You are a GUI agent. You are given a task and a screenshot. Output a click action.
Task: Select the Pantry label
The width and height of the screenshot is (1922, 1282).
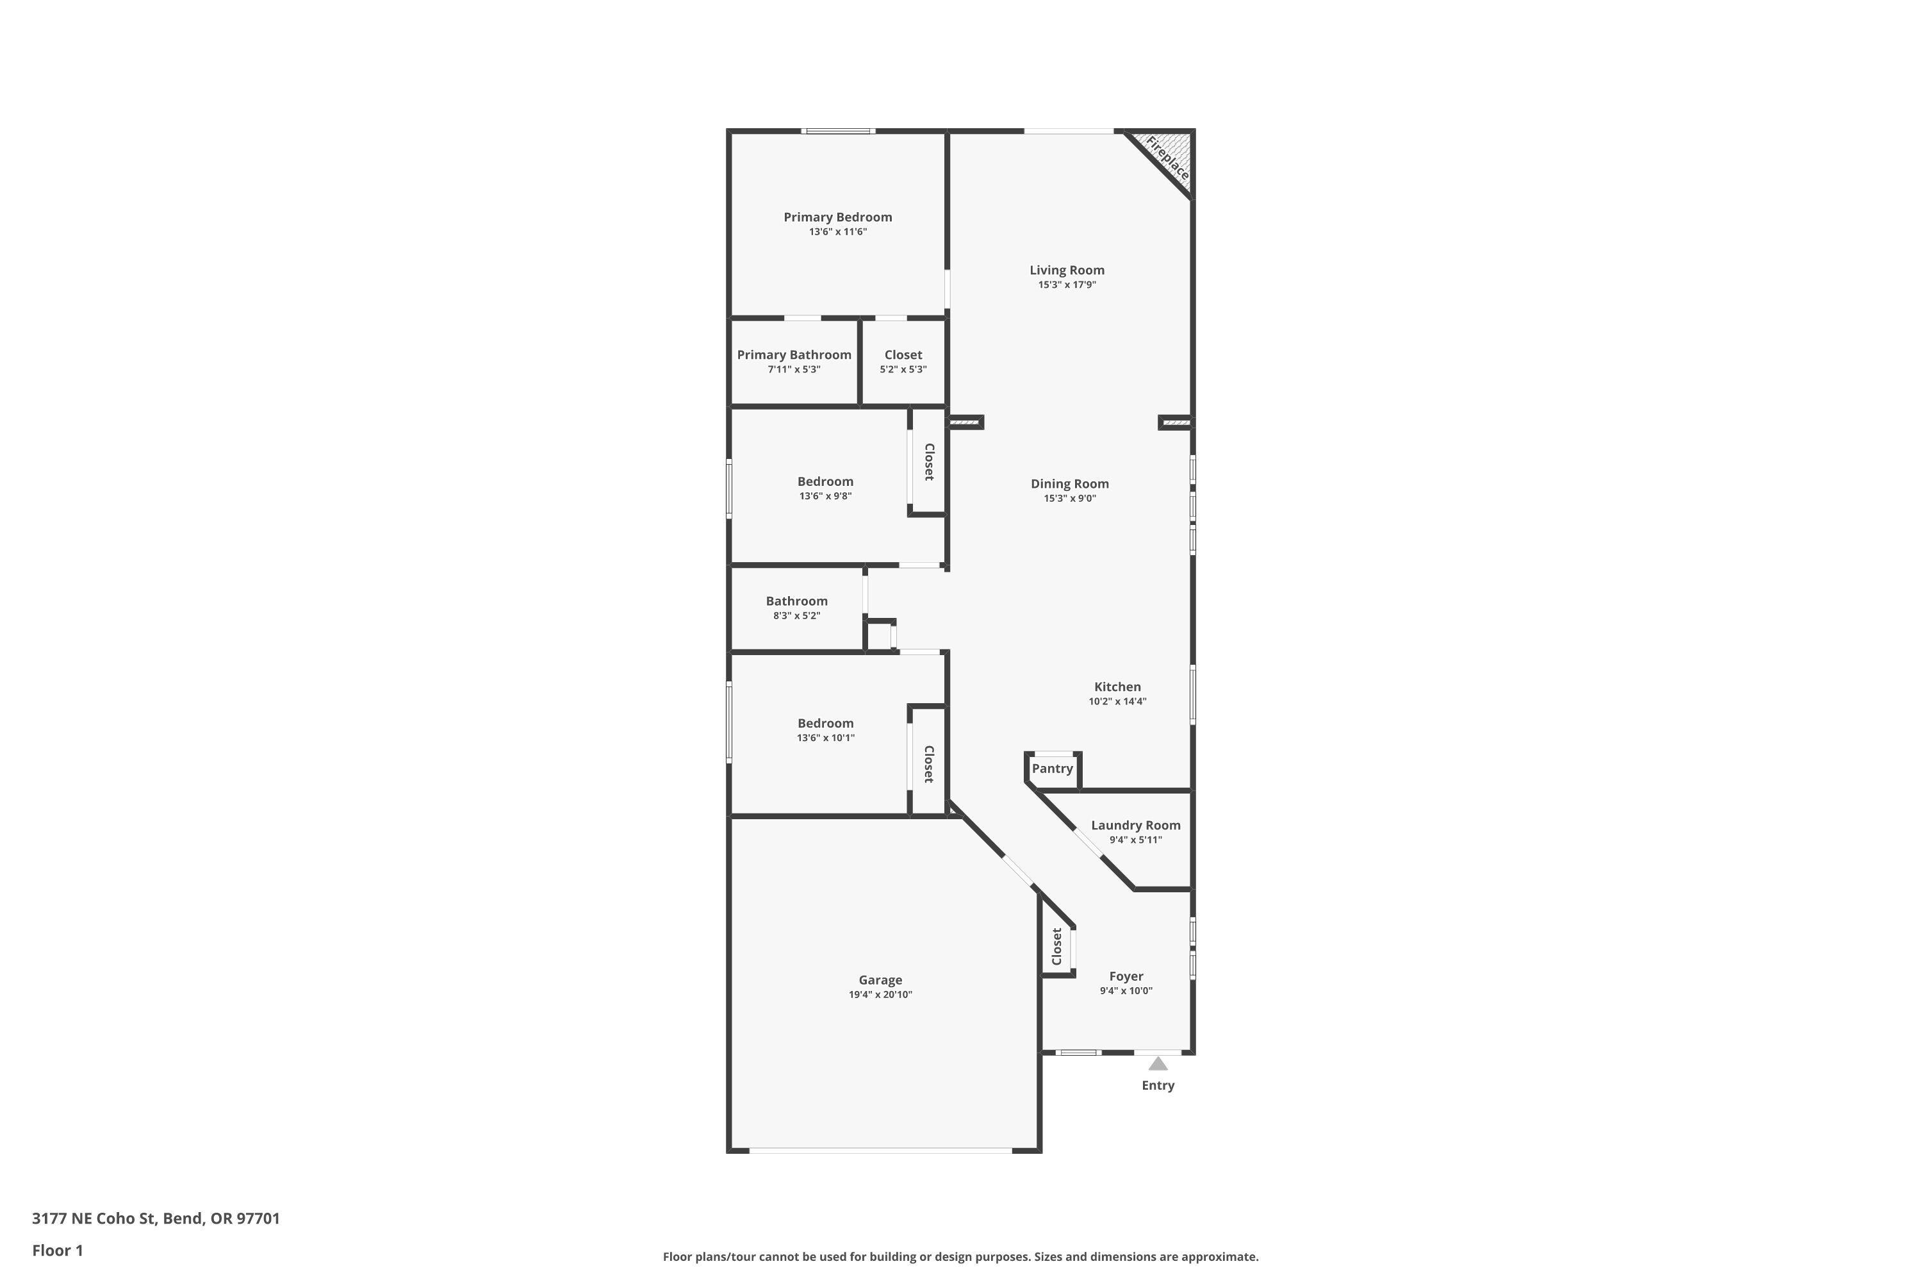point(1052,769)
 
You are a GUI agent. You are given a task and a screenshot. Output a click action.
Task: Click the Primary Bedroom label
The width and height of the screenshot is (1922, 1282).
point(837,217)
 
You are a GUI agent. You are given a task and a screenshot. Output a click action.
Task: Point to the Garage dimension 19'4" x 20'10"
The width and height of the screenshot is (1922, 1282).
point(880,995)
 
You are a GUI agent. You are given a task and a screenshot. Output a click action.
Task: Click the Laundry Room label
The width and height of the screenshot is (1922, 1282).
point(1135,826)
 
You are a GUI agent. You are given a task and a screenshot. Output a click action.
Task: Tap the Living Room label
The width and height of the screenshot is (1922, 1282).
point(1067,270)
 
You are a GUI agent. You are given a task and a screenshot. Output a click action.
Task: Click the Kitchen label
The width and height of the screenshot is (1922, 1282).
point(1117,687)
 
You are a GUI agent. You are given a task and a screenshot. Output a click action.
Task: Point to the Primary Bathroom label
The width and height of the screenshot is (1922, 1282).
point(794,355)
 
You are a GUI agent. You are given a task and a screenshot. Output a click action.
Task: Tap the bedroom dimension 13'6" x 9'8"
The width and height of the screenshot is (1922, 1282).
point(825,496)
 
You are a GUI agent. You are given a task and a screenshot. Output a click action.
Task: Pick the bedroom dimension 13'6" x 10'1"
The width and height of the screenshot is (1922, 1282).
point(825,738)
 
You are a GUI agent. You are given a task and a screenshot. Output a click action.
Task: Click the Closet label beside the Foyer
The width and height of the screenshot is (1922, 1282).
point(1056,946)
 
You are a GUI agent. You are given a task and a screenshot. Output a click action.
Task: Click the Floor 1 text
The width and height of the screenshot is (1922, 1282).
point(57,1250)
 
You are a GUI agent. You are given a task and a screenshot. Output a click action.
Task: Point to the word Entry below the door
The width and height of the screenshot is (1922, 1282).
point(1157,1086)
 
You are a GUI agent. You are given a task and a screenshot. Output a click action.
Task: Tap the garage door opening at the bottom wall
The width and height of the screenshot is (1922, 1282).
point(880,1151)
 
